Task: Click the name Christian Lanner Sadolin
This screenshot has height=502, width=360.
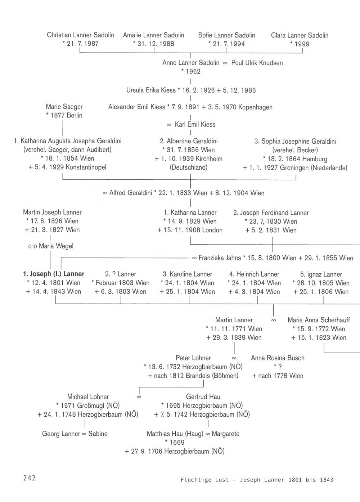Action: click(80, 35)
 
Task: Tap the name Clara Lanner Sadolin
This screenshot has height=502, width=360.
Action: click(300, 35)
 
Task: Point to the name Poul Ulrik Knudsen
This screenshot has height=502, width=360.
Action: click(257, 63)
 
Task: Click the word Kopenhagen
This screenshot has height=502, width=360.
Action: click(255, 107)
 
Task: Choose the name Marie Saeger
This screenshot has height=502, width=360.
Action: click(64, 107)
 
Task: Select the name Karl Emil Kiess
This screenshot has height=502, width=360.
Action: click(195, 125)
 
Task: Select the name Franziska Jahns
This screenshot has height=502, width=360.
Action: click(220, 258)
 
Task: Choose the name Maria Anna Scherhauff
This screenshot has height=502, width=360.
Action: click(319, 320)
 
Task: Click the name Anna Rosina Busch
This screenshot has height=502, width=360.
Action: click(278, 358)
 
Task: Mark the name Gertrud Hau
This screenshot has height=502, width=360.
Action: click(203, 397)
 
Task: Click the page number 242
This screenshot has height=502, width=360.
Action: click(30, 478)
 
